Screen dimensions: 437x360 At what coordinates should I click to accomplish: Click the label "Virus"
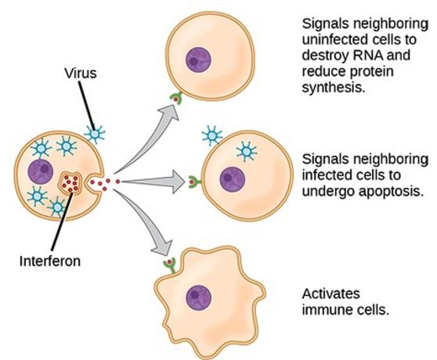81,74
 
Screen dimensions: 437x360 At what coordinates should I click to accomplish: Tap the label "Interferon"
50,261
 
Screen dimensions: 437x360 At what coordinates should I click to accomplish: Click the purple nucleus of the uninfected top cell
198,59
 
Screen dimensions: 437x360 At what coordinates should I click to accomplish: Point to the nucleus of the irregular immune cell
199,297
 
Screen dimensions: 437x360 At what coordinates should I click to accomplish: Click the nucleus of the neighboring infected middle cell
233,179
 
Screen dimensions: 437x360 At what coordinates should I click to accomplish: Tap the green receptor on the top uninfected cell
176,98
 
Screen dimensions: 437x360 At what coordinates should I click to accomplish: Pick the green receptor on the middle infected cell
194,182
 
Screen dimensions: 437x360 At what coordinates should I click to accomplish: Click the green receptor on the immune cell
170,265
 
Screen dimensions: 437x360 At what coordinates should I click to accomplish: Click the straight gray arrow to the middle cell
153,182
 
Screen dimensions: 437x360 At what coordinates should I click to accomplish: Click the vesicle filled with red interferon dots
70,182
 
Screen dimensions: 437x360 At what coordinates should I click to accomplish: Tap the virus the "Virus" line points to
95,134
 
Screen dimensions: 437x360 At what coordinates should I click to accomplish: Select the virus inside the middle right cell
247,152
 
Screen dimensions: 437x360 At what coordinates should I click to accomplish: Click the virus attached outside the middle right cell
212,136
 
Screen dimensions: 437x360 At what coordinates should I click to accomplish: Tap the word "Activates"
330,293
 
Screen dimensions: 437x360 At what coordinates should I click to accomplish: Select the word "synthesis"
334,88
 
